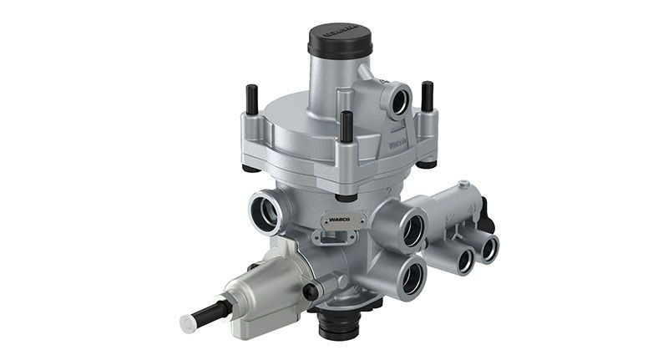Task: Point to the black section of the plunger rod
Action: click(209, 312)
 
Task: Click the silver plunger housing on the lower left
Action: click(261, 288)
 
